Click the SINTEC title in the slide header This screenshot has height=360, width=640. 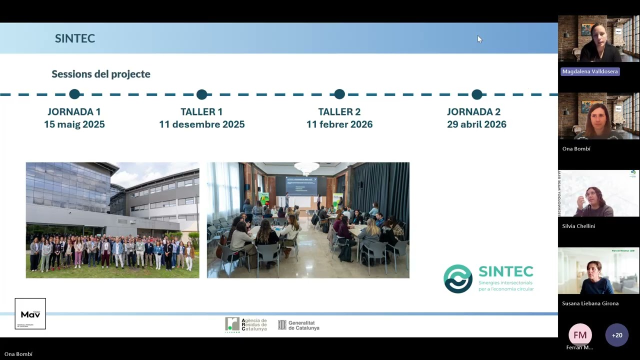[75, 38]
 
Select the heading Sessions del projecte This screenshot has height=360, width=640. [101, 74]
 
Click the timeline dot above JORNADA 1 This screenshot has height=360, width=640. [74, 94]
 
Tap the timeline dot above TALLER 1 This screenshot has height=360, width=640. [201, 94]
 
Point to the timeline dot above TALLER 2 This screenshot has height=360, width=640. [339, 94]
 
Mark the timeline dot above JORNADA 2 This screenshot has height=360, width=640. [477, 94]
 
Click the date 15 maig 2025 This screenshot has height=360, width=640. [74, 124]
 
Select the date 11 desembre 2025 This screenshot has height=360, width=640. [201, 124]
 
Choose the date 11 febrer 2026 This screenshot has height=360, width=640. [339, 124]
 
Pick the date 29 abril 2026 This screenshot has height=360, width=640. [476, 124]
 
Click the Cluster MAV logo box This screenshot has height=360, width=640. [30, 314]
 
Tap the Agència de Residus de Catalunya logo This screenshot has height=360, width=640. [245, 325]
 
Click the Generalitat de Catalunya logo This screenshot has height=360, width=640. [298, 325]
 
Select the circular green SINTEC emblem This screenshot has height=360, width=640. [458, 278]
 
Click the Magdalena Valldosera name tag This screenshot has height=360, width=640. [590, 71]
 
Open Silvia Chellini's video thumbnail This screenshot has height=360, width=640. [598, 193]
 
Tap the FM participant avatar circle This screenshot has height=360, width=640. [580, 335]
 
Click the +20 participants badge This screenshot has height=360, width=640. [617, 335]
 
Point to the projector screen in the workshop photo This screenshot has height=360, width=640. [301, 185]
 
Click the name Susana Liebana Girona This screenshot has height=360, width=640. [590, 303]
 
